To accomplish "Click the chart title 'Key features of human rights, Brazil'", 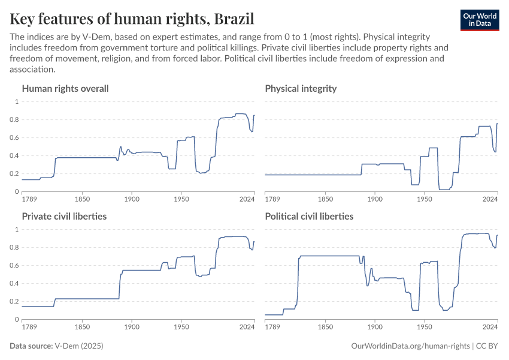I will [132, 19].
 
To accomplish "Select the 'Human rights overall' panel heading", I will [65, 89].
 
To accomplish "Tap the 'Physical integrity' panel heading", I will [301, 89].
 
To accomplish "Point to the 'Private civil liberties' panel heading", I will [64, 216].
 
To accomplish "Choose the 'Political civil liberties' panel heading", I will [309, 216].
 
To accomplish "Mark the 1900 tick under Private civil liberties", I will [132, 327].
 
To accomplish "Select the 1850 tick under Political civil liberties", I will [326, 327].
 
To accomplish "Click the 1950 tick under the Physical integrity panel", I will [424, 199].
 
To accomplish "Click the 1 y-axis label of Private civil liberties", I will [17, 229].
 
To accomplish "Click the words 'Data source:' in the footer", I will [31, 346].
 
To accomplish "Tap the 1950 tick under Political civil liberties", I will [424, 327].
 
